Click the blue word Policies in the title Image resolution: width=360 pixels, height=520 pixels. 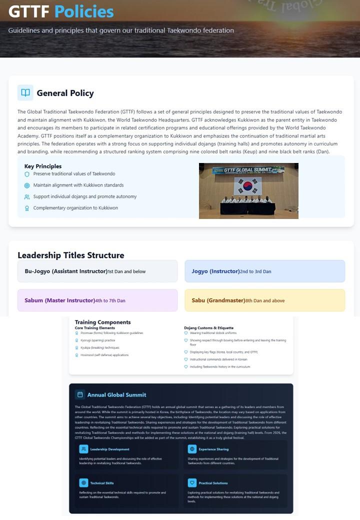[x=84, y=11]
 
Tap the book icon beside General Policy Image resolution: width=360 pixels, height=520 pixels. [x=25, y=92]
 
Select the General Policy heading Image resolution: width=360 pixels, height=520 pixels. [x=65, y=93]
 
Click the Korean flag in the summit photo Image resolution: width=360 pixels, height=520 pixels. [x=247, y=186]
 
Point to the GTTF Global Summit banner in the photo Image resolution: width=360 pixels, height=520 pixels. [x=248, y=170]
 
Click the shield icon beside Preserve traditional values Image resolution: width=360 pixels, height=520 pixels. [x=27, y=174]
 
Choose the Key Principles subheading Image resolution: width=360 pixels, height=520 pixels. [x=43, y=166]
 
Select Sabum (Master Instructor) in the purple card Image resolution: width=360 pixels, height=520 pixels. [x=59, y=300]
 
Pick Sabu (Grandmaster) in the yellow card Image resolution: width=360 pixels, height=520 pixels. [x=218, y=300]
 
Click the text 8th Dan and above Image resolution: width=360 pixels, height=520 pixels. [x=265, y=301]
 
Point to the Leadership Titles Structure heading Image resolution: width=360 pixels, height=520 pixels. [x=71, y=255]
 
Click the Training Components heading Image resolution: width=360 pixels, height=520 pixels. [x=102, y=322]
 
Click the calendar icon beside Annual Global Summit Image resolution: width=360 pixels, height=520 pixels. [x=80, y=394]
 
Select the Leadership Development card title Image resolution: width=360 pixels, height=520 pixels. [x=109, y=449]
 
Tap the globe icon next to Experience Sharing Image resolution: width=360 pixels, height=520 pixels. [x=192, y=449]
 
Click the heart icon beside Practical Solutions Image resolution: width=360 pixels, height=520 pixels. [x=192, y=483]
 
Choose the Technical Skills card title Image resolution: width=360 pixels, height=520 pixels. [x=102, y=483]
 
